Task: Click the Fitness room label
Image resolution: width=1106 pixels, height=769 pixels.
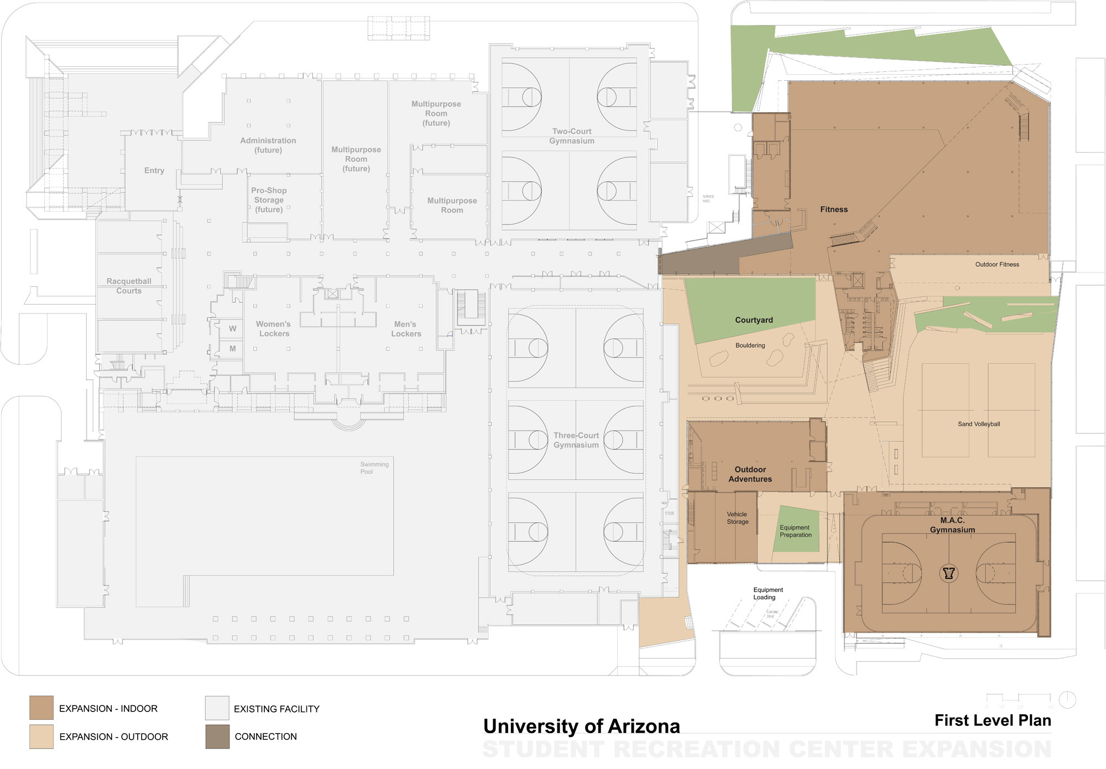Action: point(833,210)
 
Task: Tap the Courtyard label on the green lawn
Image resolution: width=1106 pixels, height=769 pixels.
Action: point(754,320)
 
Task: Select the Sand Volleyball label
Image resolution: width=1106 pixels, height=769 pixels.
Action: point(979,424)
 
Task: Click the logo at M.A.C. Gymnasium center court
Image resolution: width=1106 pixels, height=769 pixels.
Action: point(949,573)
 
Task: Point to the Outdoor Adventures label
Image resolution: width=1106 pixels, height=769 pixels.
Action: point(750,474)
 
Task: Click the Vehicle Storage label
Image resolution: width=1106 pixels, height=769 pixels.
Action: point(737,518)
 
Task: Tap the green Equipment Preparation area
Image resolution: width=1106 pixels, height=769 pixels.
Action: point(796,531)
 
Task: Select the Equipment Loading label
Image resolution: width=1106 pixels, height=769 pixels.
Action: point(768,593)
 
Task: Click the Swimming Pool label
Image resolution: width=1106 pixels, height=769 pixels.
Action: point(374,468)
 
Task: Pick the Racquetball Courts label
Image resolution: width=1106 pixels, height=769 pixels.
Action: point(129,286)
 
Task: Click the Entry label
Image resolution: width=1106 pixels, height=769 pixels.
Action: point(154,170)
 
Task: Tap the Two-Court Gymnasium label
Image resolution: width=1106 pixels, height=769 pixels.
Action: point(572,136)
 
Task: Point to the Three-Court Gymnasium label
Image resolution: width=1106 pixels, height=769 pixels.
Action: point(576,440)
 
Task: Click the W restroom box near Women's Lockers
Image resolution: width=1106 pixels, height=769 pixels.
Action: point(232,328)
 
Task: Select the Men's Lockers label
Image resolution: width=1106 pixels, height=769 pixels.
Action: point(406,329)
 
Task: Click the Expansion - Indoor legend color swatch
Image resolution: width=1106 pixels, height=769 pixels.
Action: point(41,708)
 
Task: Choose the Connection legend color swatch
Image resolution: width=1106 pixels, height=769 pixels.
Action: point(217,736)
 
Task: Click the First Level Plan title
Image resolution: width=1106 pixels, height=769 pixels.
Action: point(993,720)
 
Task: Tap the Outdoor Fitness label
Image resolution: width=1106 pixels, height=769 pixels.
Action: point(997,264)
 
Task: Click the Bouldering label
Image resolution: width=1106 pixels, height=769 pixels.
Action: point(750,346)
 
